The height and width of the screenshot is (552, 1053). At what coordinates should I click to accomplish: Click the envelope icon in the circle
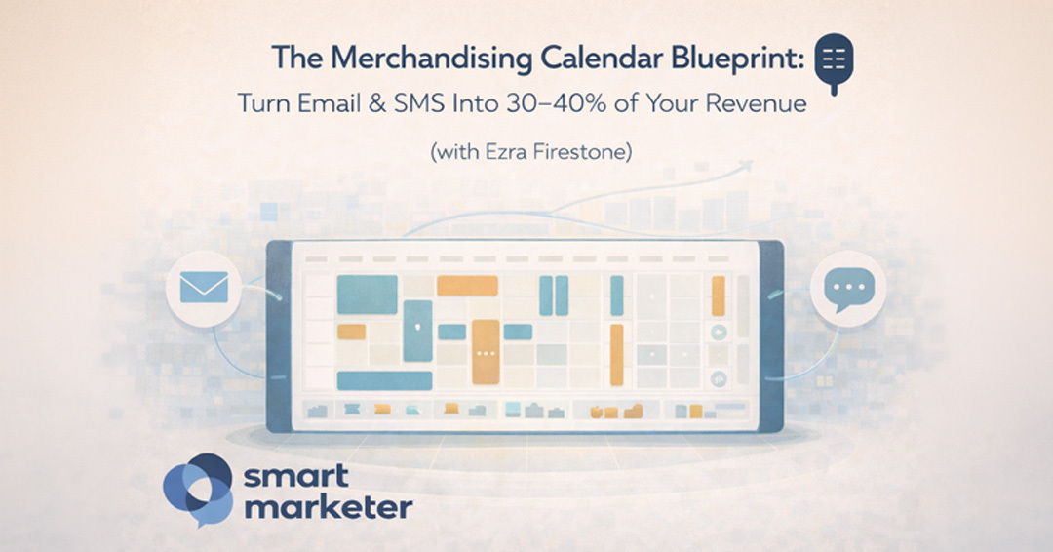pos(204,288)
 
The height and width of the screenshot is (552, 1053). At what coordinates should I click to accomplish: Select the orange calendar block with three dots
pos(486,351)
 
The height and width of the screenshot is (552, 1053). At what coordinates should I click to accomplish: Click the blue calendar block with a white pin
pos(417,330)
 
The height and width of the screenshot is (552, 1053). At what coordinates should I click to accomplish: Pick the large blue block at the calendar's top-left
pos(367,294)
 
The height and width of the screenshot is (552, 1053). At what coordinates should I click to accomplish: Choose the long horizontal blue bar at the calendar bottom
pos(384,380)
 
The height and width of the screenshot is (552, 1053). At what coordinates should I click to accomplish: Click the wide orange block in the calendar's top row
pos(468,285)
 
